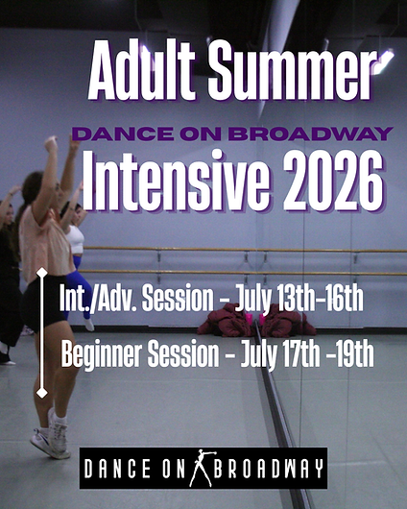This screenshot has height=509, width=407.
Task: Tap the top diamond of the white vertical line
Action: click(x=41, y=274)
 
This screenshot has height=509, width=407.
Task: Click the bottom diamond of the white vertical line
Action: click(x=41, y=392)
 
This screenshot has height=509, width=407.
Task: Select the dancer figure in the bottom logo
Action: click(x=203, y=468)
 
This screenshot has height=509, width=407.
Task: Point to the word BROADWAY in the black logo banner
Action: click(x=268, y=469)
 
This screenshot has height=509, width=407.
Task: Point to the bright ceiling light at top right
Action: click(x=383, y=60)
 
